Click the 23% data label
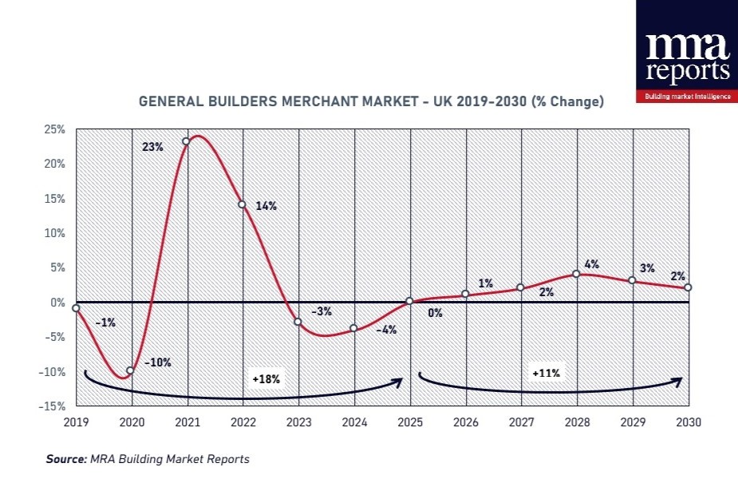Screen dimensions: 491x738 [x=153, y=147]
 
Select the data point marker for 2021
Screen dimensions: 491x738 [x=186, y=141]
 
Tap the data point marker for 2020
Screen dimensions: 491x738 [x=130, y=370]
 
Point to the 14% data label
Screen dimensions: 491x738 [x=266, y=206]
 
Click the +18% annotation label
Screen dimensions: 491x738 [x=266, y=379]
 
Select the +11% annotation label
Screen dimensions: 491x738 [x=546, y=372]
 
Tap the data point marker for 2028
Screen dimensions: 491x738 [x=576, y=274]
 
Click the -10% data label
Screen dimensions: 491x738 [x=159, y=362]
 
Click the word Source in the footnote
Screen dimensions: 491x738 [x=65, y=459]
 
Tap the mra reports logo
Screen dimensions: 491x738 [x=687, y=52]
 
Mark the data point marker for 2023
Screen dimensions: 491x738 [x=298, y=322]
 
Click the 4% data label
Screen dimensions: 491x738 [x=591, y=264]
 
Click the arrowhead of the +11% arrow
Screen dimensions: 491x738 [x=678, y=381]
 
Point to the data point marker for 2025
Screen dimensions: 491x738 [x=409, y=301]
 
